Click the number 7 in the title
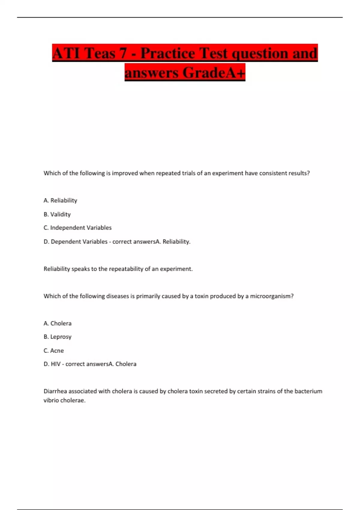point(122,53)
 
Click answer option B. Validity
point(57,214)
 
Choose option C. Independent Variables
point(77,228)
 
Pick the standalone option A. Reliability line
point(60,200)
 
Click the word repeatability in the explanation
point(126,269)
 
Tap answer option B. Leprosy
point(57,337)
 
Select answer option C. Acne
point(53,350)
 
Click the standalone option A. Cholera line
point(57,323)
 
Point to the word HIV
point(55,364)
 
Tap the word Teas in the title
point(100,53)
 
